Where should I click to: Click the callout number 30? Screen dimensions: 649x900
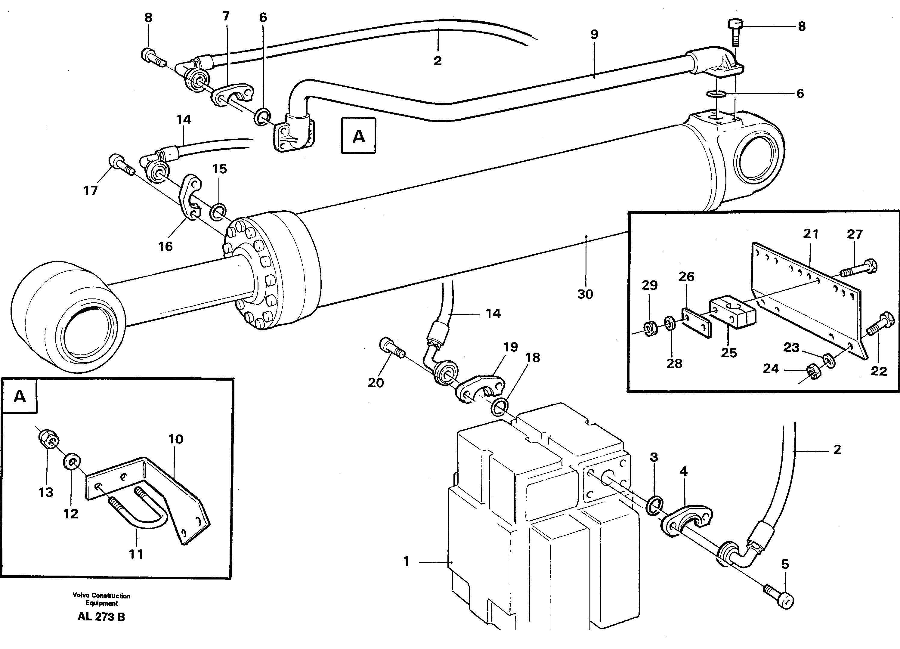coord(585,294)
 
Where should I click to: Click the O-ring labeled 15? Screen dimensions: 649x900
coord(218,212)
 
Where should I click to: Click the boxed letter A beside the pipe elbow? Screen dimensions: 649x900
coord(358,136)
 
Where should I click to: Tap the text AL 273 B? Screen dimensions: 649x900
coord(101,617)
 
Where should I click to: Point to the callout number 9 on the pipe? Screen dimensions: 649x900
coord(594,35)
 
